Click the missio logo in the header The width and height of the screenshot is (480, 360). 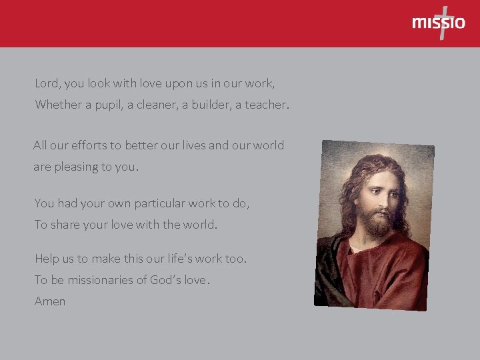tap(439, 23)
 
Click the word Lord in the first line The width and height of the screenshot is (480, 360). tap(46, 84)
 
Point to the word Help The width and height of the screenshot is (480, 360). tap(48, 258)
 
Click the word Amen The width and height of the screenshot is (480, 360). tap(50, 301)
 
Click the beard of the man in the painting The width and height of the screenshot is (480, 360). tap(377, 223)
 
